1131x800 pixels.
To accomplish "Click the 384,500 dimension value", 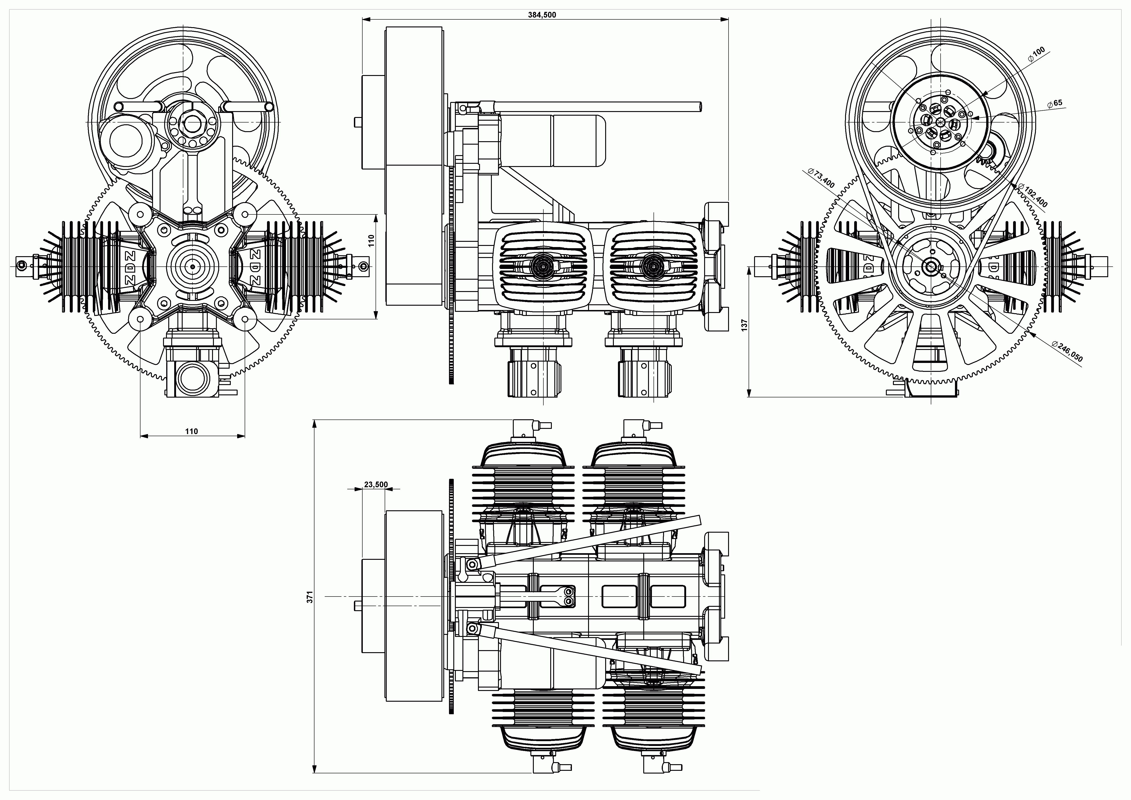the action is coord(542,15).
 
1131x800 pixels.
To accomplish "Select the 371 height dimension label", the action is coord(310,597).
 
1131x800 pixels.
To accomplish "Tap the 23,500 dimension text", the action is coord(376,485).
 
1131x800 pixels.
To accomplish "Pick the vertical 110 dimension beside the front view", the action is coord(371,240).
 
